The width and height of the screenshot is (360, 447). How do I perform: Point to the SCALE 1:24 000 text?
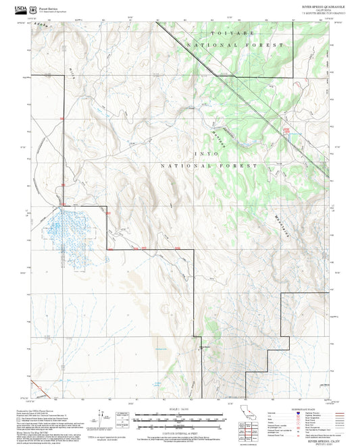coord(179,408)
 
